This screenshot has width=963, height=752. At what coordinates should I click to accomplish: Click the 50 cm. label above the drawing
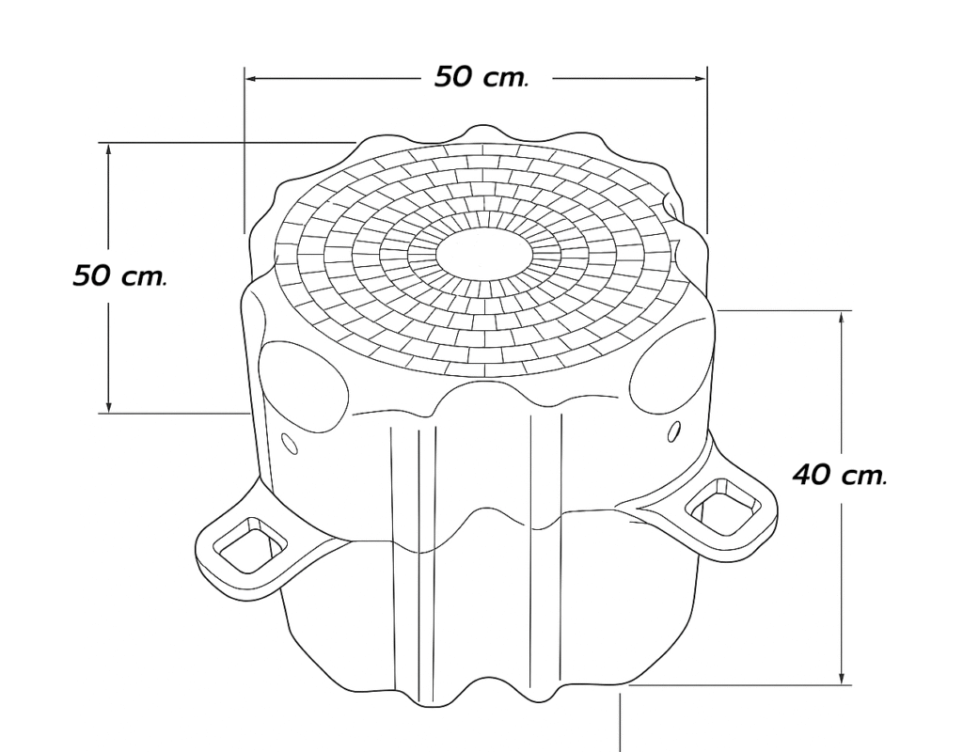pyautogui.click(x=481, y=77)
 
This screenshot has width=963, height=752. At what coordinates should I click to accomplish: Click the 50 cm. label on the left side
pyautogui.click(x=119, y=275)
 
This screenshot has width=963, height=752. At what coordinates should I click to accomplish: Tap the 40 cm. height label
pyautogui.click(x=840, y=475)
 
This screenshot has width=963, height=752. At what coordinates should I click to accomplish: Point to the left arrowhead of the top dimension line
pyautogui.click(x=251, y=79)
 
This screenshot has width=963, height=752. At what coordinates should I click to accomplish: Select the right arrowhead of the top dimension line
pyautogui.click(x=701, y=79)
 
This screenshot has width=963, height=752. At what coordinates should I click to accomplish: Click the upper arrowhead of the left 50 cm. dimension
pyautogui.click(x=109, y=149)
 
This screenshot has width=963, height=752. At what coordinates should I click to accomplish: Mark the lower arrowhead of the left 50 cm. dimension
pyautogui.click(x=109, y=406)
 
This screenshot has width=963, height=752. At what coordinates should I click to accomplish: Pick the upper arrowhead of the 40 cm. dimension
pyautogui.click(x=842, y=318)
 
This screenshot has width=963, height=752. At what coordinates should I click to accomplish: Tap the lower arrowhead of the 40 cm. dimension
pyautogui.click(x=842, y=678)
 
